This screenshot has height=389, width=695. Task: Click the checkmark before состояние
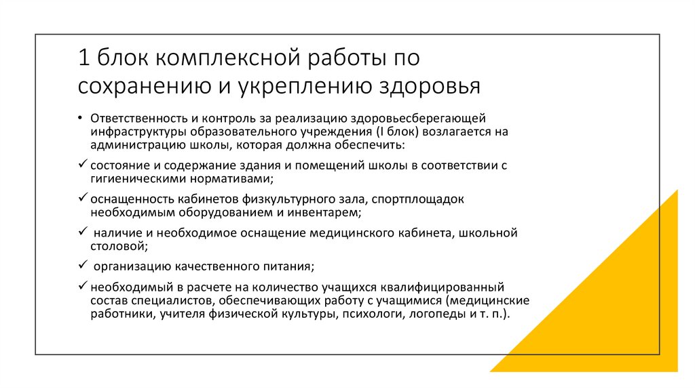82,165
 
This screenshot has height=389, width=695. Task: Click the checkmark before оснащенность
82,199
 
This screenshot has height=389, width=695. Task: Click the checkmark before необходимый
82,286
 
